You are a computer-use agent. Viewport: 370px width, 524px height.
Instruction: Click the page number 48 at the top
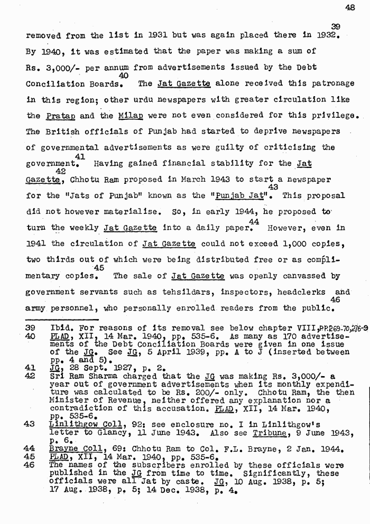(349, 7)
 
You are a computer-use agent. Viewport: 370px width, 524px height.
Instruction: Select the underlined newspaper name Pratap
(58, 116)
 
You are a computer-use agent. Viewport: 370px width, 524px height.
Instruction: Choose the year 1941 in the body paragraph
(36, 244)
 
